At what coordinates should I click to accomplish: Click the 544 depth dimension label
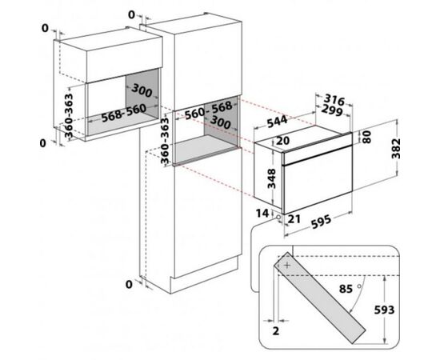click(278, 122)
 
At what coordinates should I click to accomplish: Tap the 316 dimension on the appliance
click(334, 100)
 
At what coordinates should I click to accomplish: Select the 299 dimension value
click(332, 110)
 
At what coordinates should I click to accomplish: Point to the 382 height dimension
click(396, 149)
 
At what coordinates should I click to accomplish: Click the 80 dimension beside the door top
click(366, 137)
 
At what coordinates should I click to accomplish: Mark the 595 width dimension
click(321, 221)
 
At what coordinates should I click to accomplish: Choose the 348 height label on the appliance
click(271, 178)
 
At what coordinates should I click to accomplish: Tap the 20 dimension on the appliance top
click(282, 140)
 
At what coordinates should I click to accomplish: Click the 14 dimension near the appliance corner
click(262, 214)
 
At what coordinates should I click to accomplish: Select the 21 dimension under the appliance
click(294, 219)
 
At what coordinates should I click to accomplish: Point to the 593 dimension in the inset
click(384, 310)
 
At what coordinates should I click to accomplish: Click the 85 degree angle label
click(346, 289)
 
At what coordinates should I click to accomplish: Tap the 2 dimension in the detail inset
click(276, 331)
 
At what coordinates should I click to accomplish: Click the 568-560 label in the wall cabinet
click(124, 113)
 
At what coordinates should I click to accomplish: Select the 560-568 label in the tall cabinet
click(209, 110)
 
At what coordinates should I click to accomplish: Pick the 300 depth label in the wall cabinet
click(142, 90)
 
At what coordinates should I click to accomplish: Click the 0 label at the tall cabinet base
click(129, 285)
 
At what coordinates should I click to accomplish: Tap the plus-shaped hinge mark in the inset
click(287, 265)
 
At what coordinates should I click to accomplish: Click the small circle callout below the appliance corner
click(278, 217)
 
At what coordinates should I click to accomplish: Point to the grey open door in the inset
click(320, 298)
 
